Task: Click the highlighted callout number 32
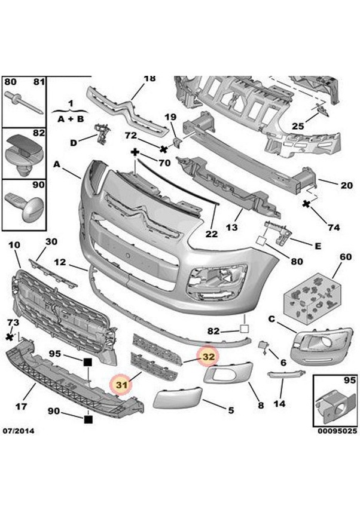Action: pyautogui.click(x=208, y=357)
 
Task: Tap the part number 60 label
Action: pyautogui.click(x=345, y=257)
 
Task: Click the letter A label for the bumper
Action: pyautogui.click(x=57, y=164)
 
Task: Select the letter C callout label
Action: pyautogui.click(x=271, y=320)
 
